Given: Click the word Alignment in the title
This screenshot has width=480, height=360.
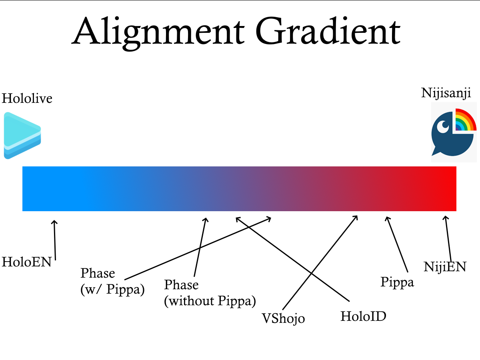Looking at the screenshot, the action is pyautogui.click(x=158, y=33).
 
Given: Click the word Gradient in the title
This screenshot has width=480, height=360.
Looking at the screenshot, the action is pyautogui.click(x=328, y=31).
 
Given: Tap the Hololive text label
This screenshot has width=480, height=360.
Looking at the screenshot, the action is pyautogui.click(x=27, y=98).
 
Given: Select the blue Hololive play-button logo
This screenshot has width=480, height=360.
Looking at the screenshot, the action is pyautogui.click(x=22, y=136).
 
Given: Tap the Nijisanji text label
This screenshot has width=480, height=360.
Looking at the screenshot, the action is pyautogui.click(x=446, y=93).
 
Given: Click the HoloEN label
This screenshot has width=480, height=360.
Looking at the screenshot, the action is pyautogui.click(x=27, y=262).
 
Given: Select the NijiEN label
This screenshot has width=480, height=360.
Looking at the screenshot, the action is pyautogui.click(x=445, y=267).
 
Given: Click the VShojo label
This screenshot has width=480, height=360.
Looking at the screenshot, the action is pyautogui.click(x=284, y=318).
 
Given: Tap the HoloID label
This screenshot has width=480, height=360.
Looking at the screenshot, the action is pyautogui.click(x=364, y=316).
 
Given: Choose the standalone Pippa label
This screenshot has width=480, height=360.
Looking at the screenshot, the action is pyautogui.click(x=397, y=282).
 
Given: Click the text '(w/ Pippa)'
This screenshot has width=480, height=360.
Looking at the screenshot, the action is pyautogui.click(x=113, y=289).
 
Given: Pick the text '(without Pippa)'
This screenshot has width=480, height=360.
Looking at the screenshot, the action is pyautogui.click(x=210, y=301).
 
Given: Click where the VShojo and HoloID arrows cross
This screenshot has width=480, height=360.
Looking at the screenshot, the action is pyautogui.click(x=312, y=273).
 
